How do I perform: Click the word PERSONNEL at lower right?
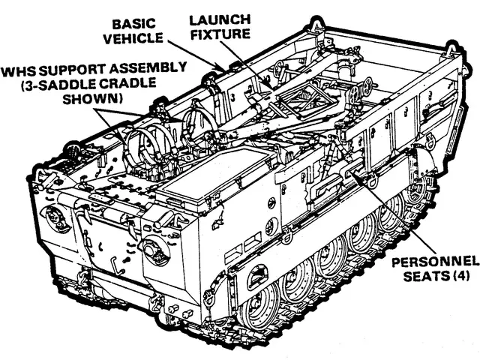click(x=435, y=262)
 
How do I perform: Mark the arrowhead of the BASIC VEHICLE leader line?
click(x=221, y=69)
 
